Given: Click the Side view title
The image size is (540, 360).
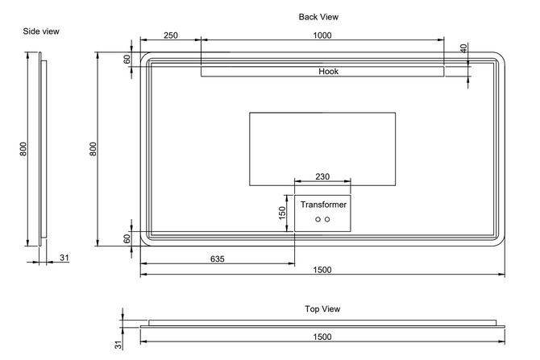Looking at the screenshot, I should click(x=42, y=31).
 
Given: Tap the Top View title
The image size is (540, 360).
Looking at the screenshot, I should click(x=322, y=309).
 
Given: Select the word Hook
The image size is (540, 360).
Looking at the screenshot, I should click(x=328, y=72).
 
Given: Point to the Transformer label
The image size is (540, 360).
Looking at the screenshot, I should click(x=323, y=205).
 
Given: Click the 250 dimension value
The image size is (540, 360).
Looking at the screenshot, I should click(x=170, y=35).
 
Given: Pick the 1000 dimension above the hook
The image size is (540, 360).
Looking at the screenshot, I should click(x=322, y=35).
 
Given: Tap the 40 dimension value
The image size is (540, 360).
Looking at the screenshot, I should click(x=463, y=48).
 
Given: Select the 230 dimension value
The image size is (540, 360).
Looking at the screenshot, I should click(x=322, y=177).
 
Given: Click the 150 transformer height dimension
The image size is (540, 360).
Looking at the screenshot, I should click(x=283, y=213).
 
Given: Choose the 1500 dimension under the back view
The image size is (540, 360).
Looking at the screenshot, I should click(x=322, y=270).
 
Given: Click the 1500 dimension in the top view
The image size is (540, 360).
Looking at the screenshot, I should click(x=322, y=337).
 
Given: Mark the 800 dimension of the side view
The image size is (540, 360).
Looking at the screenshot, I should click(x=24, y=149).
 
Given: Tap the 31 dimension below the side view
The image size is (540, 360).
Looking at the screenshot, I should click(x=64, y=259).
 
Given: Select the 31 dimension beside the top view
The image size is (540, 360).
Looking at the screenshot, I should click(x=117, y=345).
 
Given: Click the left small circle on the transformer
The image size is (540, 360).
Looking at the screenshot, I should click(x=318, y=220).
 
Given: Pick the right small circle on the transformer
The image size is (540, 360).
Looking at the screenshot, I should click(x=327, y=220).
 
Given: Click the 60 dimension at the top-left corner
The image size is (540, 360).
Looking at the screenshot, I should click(x=127, y=60).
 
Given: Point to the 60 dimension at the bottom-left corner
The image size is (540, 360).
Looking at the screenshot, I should click(x=127, y=239).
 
